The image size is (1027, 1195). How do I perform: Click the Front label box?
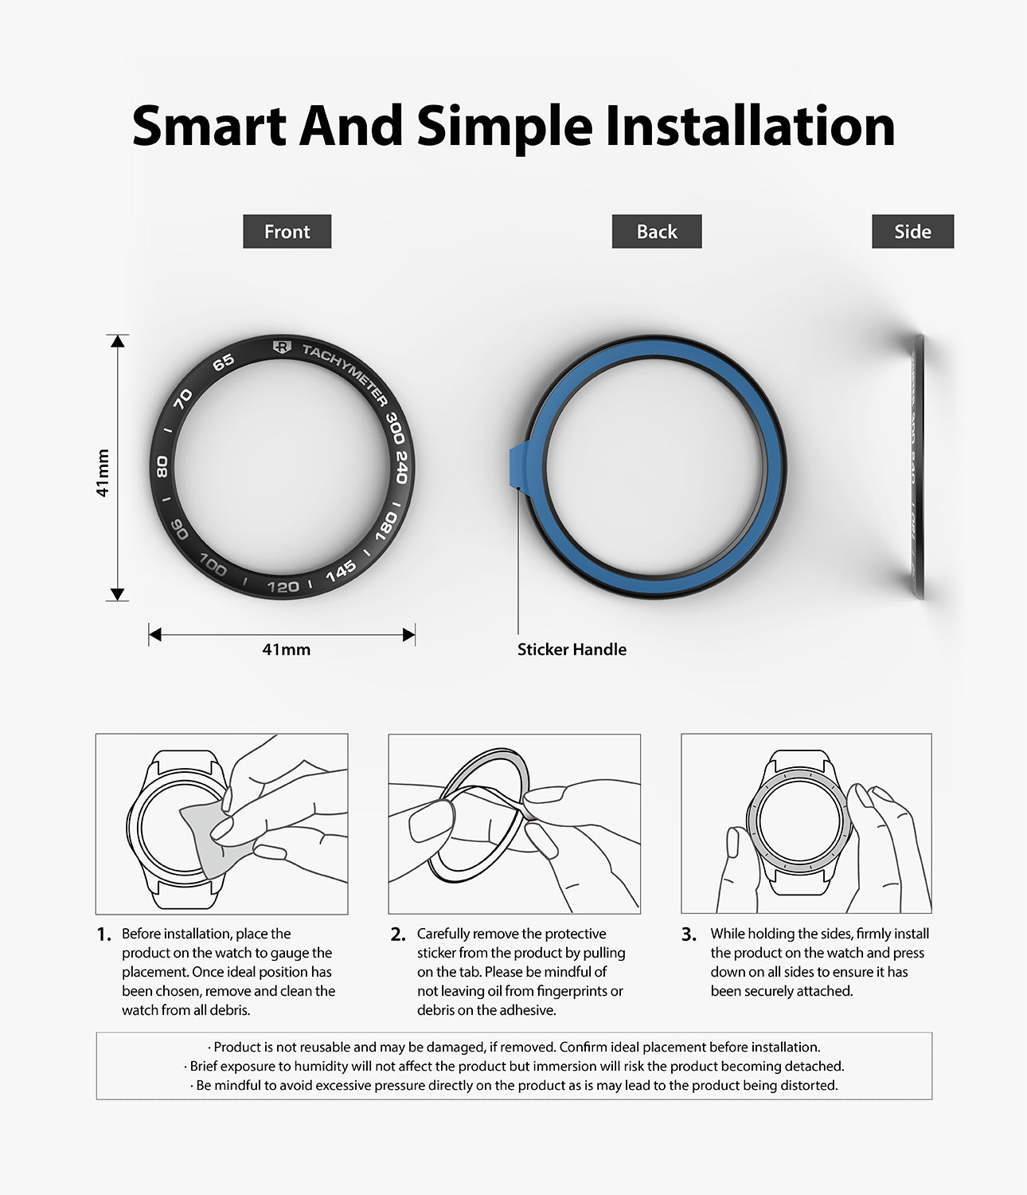[287, 232]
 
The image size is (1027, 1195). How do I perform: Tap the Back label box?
[656, 232]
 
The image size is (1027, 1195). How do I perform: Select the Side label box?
[912, 232]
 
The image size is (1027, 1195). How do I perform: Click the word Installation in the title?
[750, 127]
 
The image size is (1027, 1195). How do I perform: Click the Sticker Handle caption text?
[572, 649]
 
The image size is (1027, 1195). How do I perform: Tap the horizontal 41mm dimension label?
[286, 649]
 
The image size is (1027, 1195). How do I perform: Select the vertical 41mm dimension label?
[103, 473]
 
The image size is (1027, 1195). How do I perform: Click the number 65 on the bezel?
[224, 362]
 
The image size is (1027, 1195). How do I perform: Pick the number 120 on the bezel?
[283, 587]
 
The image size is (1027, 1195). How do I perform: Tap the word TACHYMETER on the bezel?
[345, 374]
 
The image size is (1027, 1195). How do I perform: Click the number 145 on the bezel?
[341, 571]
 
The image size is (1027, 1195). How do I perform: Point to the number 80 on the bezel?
[162, 467]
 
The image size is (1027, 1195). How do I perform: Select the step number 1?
[103, 934]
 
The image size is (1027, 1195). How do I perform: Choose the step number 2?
[398, 934]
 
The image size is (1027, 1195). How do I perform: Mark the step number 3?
[689, 934]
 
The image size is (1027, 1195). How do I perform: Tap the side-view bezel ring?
[917, 466]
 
